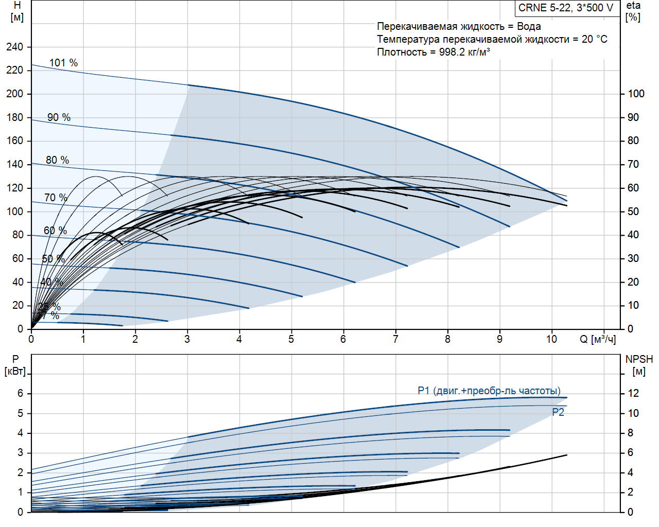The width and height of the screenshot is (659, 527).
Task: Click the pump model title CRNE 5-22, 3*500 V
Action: tap(566, 8)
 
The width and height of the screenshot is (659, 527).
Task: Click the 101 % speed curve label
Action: tap(63, 63)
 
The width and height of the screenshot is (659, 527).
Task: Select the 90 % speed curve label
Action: tap(59, 117)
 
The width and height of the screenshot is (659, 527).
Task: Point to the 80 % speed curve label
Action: tap(57, 160)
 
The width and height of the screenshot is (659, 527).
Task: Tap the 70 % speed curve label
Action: tap(56, 198)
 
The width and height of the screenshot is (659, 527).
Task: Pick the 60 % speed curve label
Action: tap(55, 231)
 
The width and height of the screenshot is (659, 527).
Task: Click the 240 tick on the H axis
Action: tap(15, 47)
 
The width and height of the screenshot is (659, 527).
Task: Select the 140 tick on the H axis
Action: tap(15, 164)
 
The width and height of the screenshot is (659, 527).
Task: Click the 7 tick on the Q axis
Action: tap(395, 339)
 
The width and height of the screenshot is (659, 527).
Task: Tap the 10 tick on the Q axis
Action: tap(551, 339)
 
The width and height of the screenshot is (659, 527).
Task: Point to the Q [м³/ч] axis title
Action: tap(598, 339)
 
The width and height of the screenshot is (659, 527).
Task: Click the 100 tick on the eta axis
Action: tap(636, 94)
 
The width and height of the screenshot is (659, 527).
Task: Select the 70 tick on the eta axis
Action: tap(633, 164)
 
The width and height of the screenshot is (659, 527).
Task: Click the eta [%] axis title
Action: tap(633, 11)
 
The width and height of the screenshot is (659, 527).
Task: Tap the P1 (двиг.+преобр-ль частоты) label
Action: tap(489, 391)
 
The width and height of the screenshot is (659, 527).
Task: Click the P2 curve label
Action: tap(558, 412)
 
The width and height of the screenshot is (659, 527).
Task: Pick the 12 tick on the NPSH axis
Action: tap(633, 393)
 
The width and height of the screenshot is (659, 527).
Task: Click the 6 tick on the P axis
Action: tap(21, 393)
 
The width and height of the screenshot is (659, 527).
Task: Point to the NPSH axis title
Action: tap(639, 359)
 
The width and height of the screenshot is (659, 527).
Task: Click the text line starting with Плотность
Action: tap(433, 52)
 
